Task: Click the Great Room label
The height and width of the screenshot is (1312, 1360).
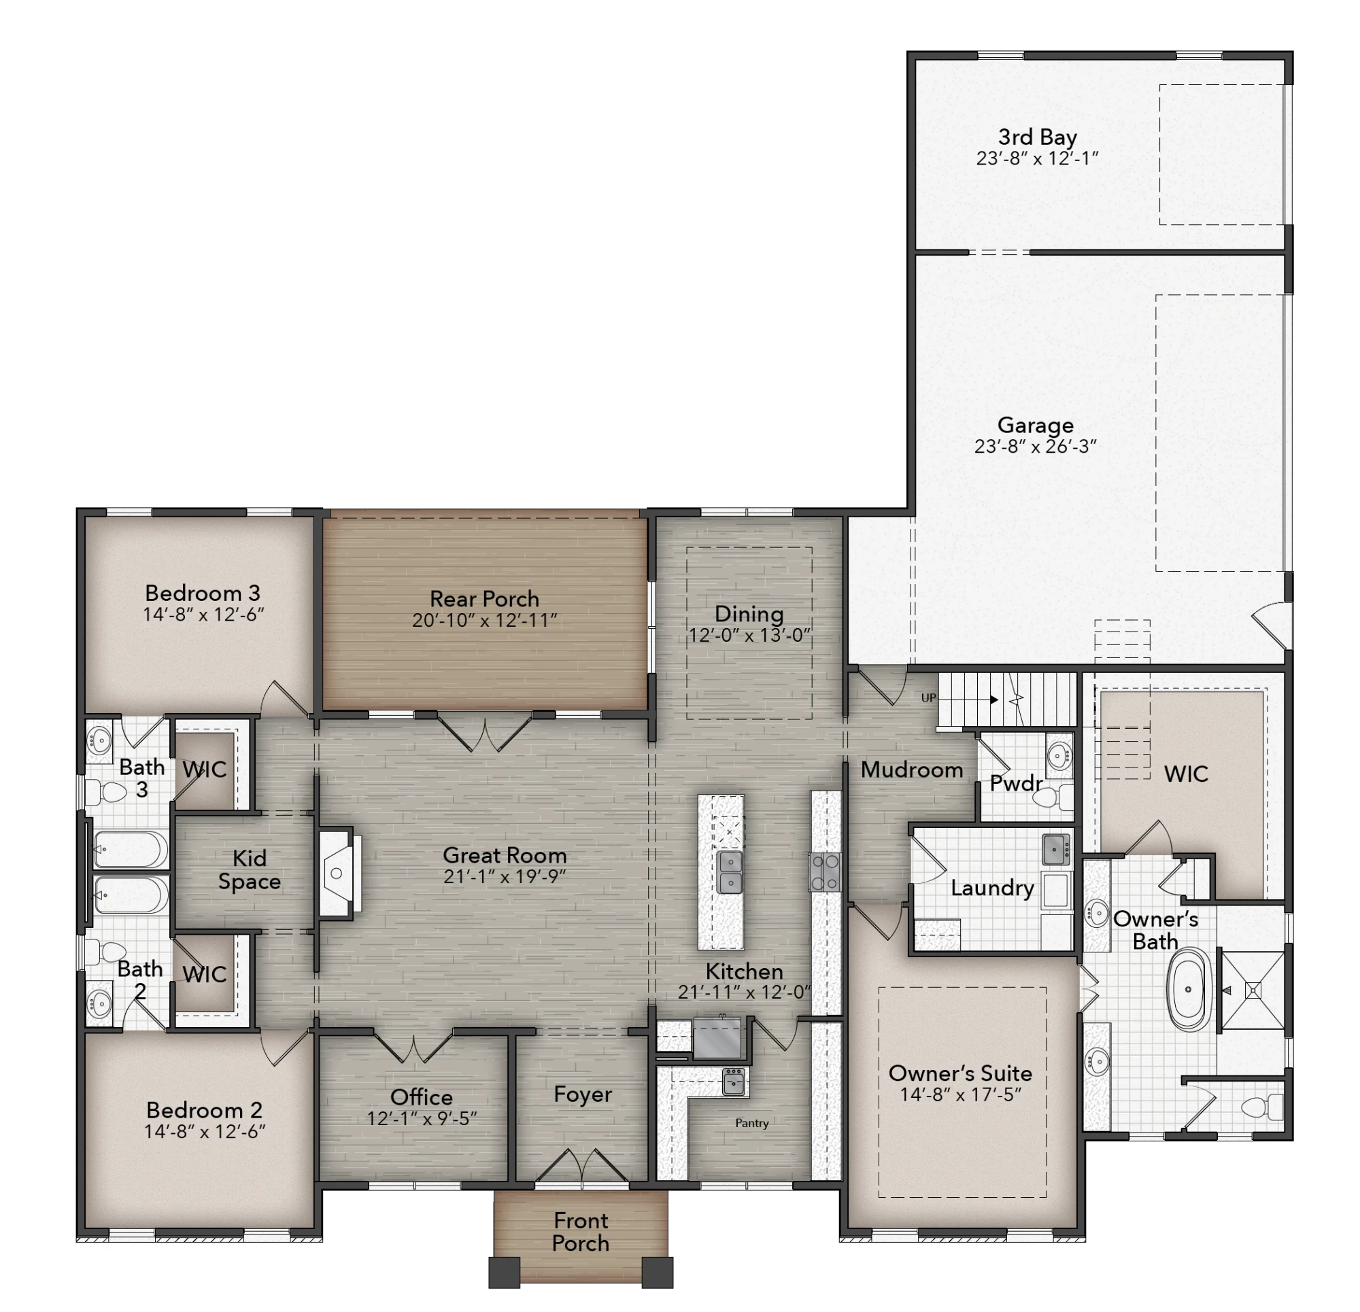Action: [x=505, y=855]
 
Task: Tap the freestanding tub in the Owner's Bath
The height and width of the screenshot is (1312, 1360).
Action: [x=1189, y=990]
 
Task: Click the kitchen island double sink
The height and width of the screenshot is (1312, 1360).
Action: [x=730, y=873]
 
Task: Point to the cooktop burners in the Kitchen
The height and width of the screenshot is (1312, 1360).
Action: [x=824, y=873]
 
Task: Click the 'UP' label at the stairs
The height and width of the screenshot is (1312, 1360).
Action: [x=928, y=698]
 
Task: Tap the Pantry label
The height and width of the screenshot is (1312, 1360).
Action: [x=752, y=1123]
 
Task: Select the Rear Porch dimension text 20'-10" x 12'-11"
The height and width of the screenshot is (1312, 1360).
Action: [x=484, y=620]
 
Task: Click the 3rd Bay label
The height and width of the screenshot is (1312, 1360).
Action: [x=1038, y=137]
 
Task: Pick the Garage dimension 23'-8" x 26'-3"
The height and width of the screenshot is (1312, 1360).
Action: [x=1035, y=446]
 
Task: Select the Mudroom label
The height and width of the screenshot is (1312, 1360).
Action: [x=912, y=770]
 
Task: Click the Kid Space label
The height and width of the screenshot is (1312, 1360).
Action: [x=250, y=869]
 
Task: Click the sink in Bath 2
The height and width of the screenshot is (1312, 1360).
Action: [x=99, y=1002]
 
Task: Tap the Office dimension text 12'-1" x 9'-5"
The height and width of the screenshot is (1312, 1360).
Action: [x=422, y=1118]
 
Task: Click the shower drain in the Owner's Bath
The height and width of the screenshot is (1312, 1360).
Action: [x=1253, y=990]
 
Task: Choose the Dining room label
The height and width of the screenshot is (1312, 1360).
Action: [x=749, y=614]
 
